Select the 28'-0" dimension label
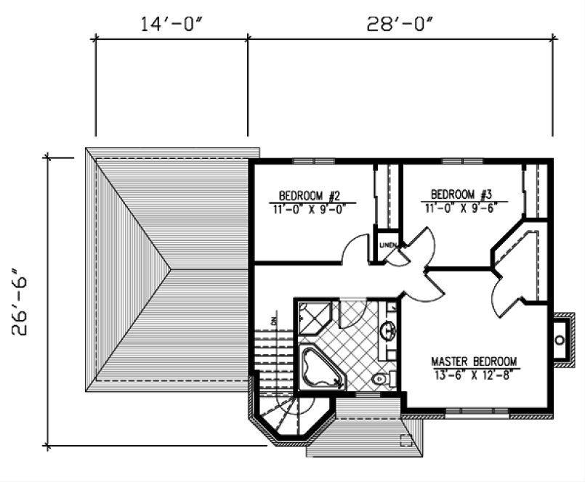coord(400,23)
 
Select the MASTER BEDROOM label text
coord(474,361)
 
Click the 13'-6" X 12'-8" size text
coord(474,375)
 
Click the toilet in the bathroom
coord(379,379)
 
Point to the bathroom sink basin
coord(389,330)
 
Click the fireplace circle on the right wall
coord(560,340)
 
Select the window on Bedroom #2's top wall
coord(313,160)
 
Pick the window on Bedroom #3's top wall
coord(463,160)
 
